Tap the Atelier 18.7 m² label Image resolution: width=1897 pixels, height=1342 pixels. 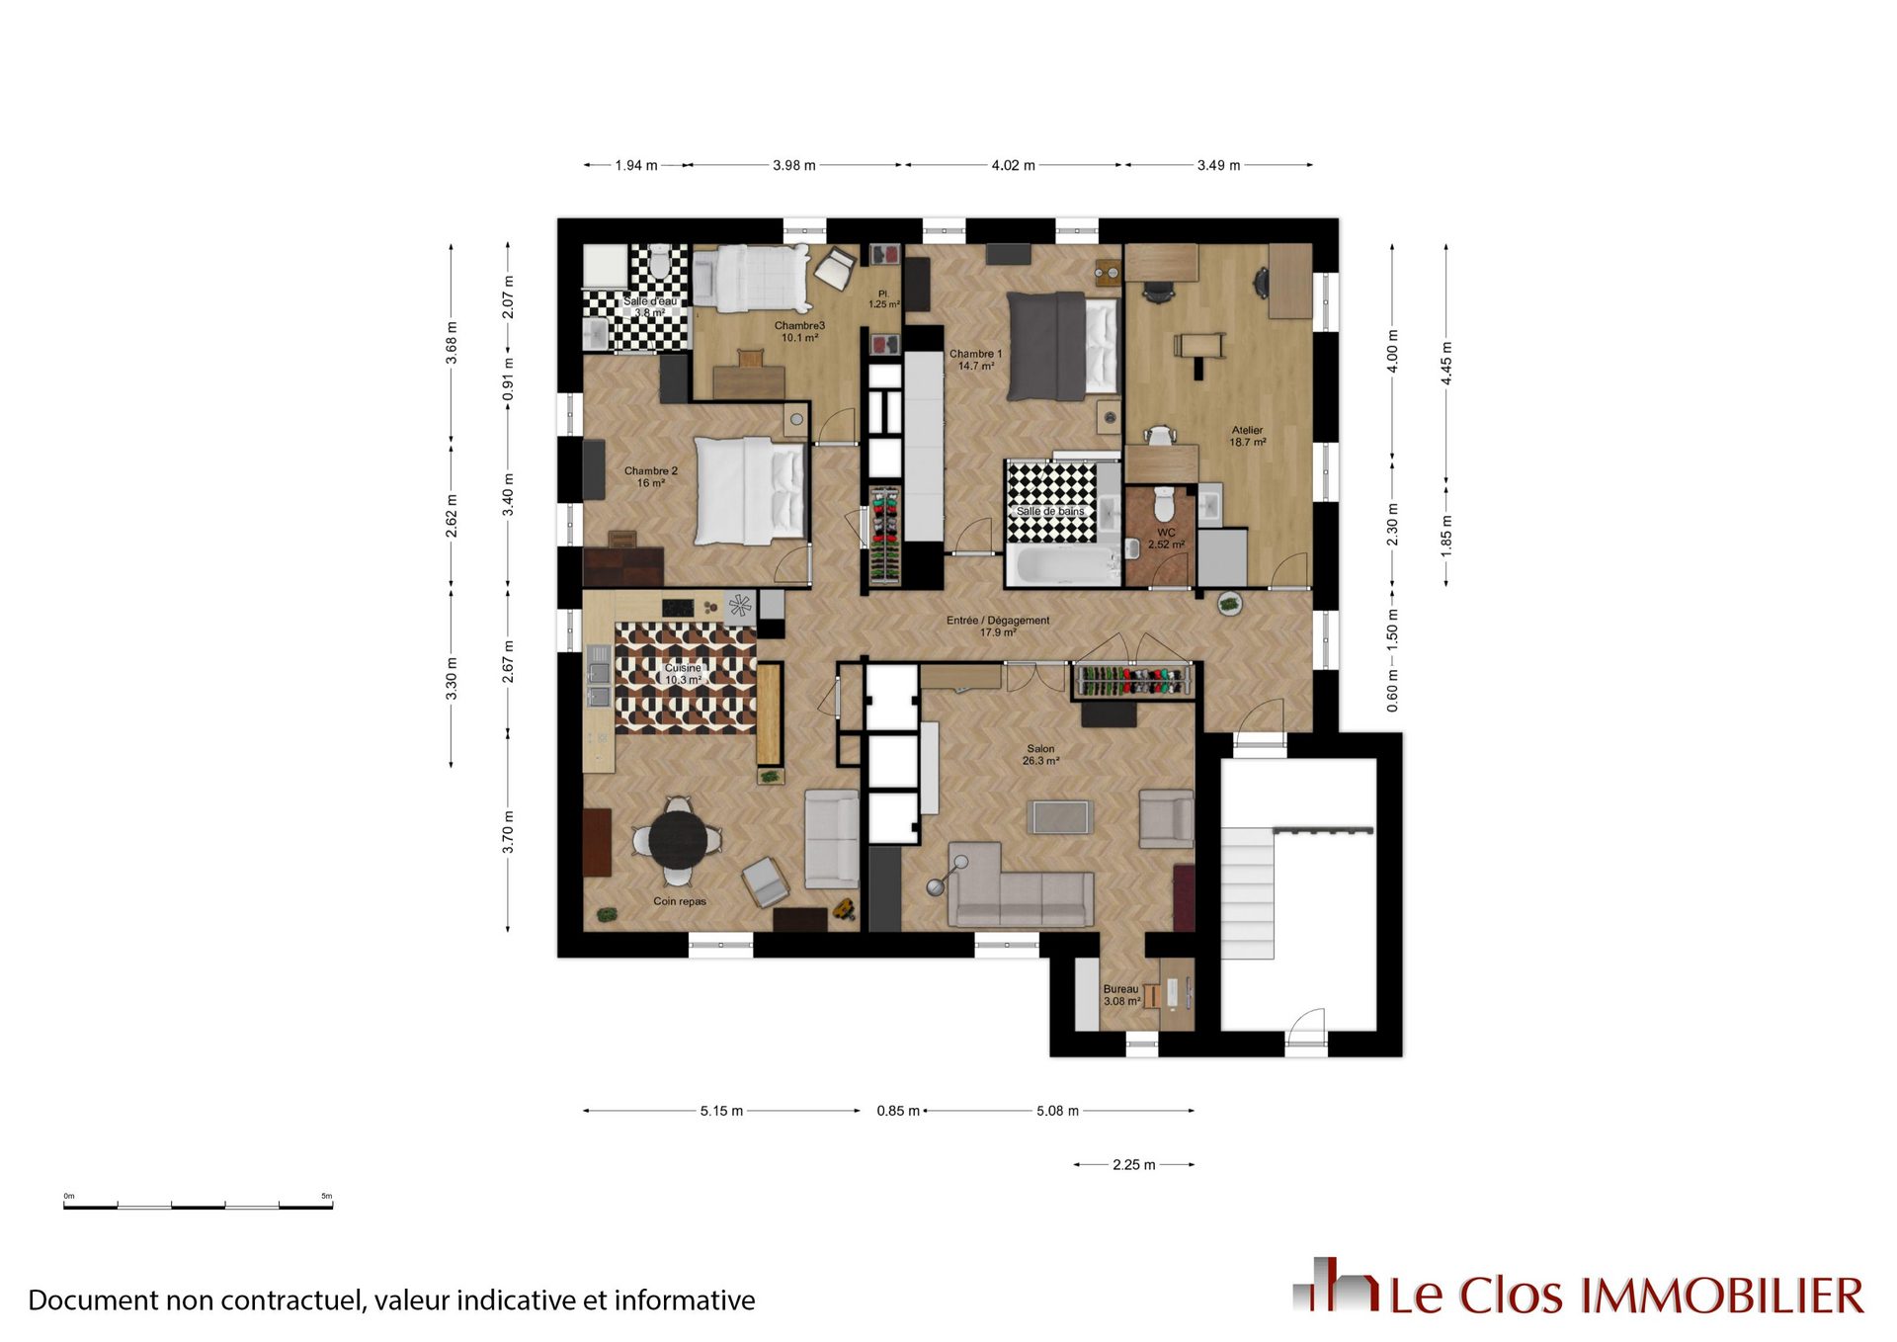pyautogui.click(x=1247, y=436)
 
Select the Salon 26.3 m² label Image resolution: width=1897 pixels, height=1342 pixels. pyautogui.click(x=1040, y=755)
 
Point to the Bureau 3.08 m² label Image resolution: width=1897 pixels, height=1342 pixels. pyautogui.click(x=1121, y=995)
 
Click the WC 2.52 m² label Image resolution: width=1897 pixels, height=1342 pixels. pyautogui.click(x=1166, y=539)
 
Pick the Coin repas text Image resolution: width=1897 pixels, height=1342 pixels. pyautogui.click(x=680, y=901)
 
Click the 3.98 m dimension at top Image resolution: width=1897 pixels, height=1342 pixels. pyautogui.click(x=794, y=165)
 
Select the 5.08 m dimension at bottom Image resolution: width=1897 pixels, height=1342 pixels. pyautogui.click(x=1057, y=1111)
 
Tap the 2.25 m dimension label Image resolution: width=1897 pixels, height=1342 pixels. pyautogui.click(x=1133, y=1165)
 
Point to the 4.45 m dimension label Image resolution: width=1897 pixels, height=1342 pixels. pyautogui.click(x=1446, y=364)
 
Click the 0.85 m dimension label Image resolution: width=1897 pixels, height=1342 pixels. pyautogui.click(x=898, y=1111)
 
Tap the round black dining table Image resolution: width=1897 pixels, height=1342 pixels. pyautogui.click(x=678, y=839)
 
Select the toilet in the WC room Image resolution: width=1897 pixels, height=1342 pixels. pyautogui.click(x=1164, y=504)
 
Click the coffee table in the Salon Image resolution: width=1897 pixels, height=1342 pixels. pyautogui.click(x=1060, y=817)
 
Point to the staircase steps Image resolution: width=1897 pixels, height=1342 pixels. pyautogui.click(x=1248, y=893)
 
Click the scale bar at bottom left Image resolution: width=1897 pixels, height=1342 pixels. pyautogui.click(x=199, y=1206)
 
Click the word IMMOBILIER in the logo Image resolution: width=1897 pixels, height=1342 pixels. pyautogui.click(x=1723, y=1297)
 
